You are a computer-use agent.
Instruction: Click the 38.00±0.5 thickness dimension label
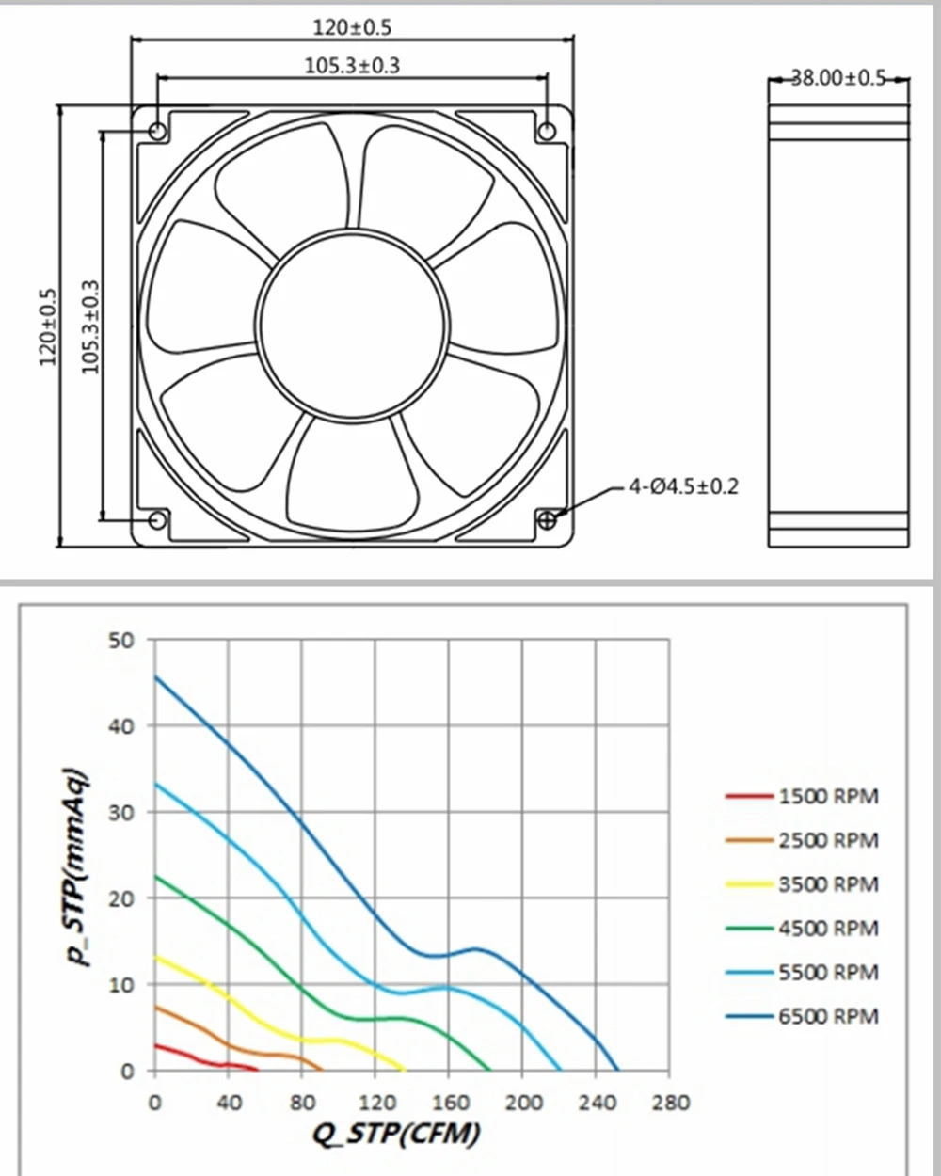coord(838,78)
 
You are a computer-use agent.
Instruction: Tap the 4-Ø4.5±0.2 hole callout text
coord(683,485)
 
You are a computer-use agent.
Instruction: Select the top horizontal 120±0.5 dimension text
coord(352,27)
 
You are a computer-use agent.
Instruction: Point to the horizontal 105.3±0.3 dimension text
coord(352,66)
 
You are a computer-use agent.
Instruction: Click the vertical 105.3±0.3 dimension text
coord(90,326)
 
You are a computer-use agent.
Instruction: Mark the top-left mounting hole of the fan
coord(158,131)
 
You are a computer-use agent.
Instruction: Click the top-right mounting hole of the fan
coord(547,131)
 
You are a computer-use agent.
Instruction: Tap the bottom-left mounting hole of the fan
coord(157,520)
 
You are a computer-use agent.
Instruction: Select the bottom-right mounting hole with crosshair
coord(547,520)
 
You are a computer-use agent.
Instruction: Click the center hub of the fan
coord(353,326)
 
